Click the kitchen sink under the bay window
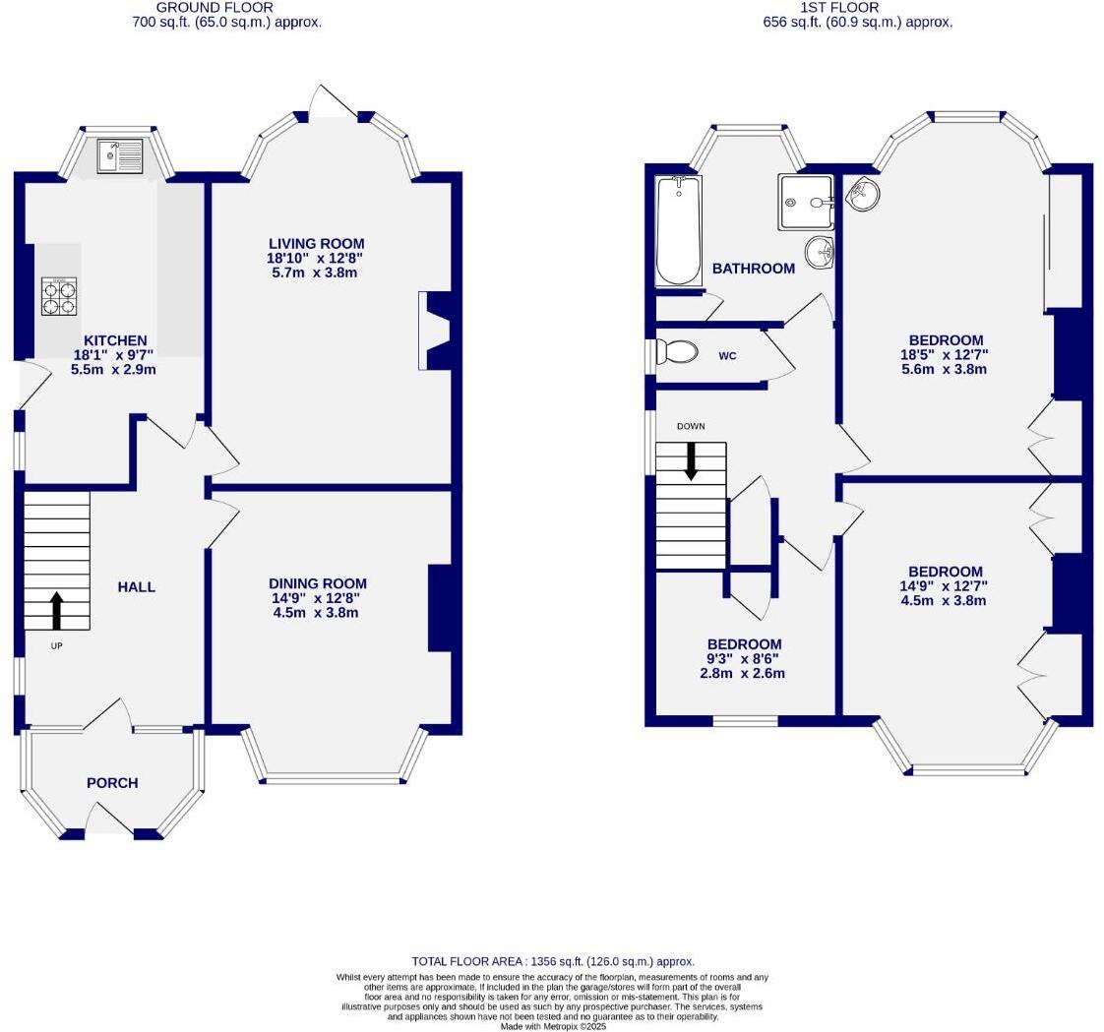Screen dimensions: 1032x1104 tap(120, 155)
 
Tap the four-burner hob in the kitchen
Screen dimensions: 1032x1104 tap(58, 297)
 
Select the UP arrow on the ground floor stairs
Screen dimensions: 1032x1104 tap(56, 610)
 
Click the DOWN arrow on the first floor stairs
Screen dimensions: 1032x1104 tap(691, 460)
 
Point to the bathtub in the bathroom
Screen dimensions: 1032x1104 tap(677, 230)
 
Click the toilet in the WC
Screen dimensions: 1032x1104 tap(677, 351)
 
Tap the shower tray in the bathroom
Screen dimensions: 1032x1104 tap(805, 202)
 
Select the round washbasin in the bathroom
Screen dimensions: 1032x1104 tap(819, 254)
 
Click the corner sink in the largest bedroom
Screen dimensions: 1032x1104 tap(862, 194)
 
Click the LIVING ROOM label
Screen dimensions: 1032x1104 tap(316, 244)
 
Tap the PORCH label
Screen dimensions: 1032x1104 tap(112, 783)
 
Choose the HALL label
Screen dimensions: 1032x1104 tap(137, 587)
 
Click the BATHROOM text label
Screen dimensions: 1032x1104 tap(753, 269)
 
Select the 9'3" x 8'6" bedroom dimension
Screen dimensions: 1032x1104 tap(744, 659)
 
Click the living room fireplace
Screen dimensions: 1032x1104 tap(434, 331)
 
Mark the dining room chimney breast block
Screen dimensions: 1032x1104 tap(444, 608)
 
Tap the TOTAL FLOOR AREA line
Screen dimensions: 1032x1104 tap(552, 961)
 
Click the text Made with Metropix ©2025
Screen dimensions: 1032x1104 tap(553, 1026)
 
